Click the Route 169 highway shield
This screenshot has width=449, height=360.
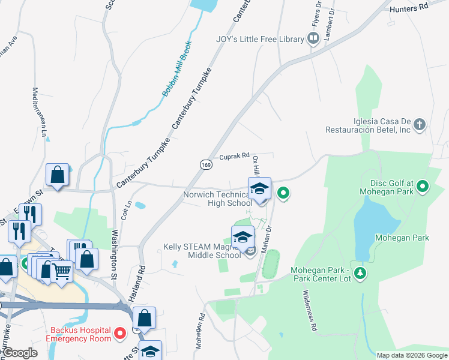coord(205,163)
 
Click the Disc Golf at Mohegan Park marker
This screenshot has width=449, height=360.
coord(423,187)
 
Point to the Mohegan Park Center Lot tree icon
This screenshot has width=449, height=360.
coord(360,273)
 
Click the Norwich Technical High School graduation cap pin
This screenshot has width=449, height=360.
coord(259,189)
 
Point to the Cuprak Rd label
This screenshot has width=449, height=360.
coord(234,156)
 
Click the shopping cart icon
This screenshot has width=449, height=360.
coord(62,272)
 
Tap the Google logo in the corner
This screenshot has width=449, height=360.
coord(20,353)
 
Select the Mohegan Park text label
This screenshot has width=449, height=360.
coord(402,238)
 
